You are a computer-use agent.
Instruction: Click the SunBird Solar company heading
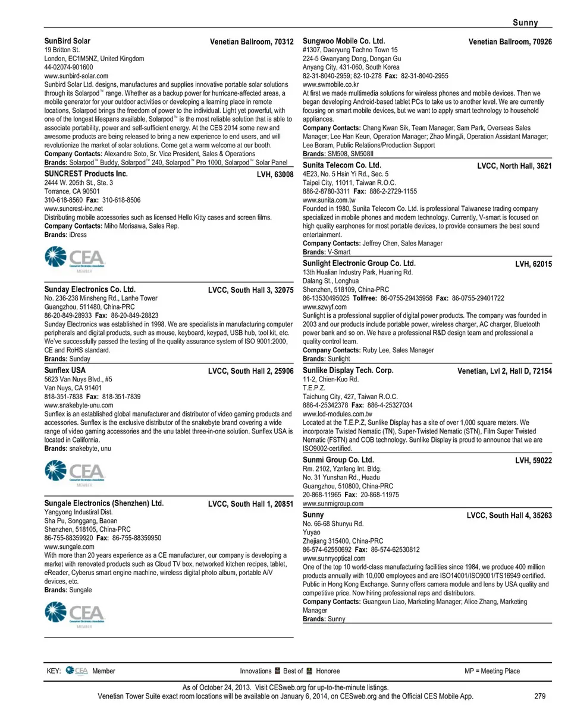[x=68, y=42]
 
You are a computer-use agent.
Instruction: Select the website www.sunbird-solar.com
[x=77, y=76]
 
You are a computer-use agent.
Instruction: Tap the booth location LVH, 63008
[x=275, y=175]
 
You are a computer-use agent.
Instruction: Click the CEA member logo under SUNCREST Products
[x=76, y=258]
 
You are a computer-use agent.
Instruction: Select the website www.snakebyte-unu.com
[x=79, y=405]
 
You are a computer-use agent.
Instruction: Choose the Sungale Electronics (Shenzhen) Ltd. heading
[x=104, y=503]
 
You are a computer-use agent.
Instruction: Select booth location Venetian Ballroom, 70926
[x=510, y=42]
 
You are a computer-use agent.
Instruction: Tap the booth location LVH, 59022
[x=534, y=460]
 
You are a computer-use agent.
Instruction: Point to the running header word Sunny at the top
[x=526, y=23]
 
